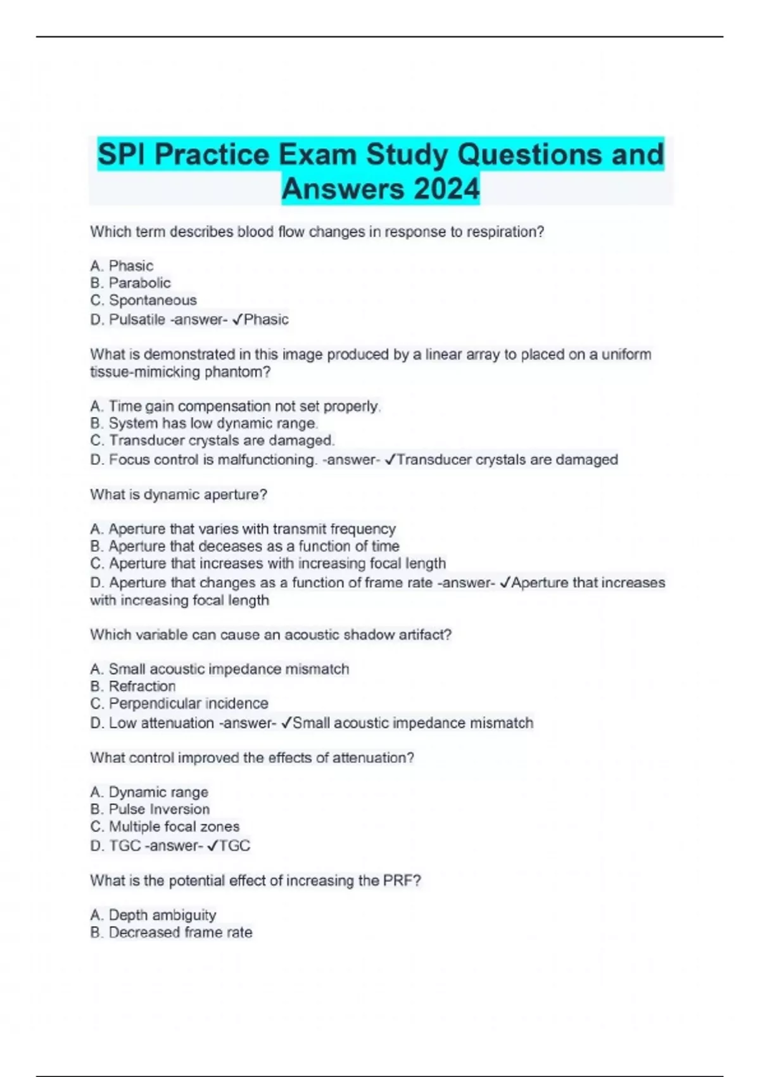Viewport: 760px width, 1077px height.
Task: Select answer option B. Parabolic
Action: pos(130,283)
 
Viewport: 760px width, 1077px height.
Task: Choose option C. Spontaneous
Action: pos(143,300)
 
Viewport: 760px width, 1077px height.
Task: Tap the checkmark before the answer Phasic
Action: pos(237,319)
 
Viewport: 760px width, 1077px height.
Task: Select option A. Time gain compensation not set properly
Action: pos(235,406)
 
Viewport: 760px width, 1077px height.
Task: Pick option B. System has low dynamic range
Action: pos(204,423)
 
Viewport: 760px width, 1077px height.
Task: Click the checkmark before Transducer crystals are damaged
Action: pos(390,459)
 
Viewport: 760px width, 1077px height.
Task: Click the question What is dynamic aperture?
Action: pos(179,494)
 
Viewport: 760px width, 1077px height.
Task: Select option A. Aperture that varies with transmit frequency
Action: pos(243,529)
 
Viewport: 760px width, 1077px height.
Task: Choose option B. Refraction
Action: pos(133,686)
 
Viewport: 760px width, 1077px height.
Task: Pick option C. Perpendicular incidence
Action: pos(179,703)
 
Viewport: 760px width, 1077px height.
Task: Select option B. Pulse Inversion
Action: pos(150,809)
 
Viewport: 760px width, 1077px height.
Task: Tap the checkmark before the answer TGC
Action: pos(213,846)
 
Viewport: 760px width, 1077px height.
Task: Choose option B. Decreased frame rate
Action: pos(171,933)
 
